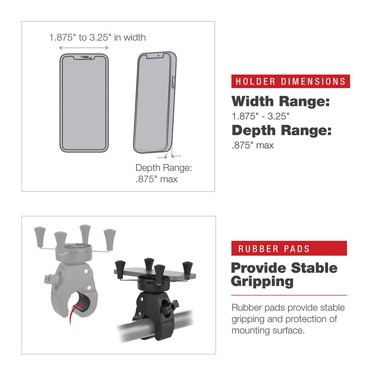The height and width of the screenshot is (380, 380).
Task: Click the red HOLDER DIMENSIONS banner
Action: pos(290,81)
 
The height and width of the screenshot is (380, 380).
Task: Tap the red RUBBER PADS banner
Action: pos(289,248)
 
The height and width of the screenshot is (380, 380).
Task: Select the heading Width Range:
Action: pos(280,101)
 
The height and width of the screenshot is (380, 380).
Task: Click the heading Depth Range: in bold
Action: pos(281,131)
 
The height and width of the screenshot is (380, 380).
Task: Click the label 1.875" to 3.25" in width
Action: pos(97,37)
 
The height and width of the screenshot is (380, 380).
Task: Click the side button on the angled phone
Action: pos(172,81)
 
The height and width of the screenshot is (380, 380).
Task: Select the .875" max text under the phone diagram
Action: pos(157,179)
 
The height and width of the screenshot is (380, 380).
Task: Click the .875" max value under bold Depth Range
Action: pos(252,145)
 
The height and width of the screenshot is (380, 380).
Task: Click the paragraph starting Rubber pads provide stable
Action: pos(288,319)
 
